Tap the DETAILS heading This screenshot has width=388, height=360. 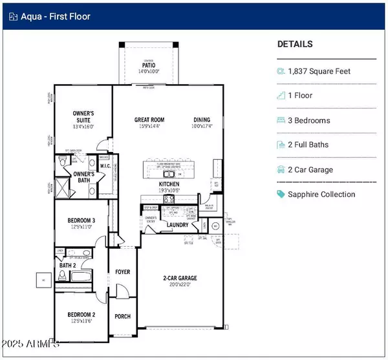coord(295,45)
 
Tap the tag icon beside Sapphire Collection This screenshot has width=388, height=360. coord(281,194)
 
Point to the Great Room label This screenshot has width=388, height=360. coord(150,120)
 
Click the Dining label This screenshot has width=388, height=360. coord(202,120)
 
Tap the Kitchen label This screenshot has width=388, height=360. coord(169,185)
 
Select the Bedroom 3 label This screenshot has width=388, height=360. coord(82,220)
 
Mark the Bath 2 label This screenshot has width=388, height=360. coord(68,266)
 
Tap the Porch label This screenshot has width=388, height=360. coord(123,316)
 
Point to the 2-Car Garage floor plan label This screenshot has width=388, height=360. coord(179,279)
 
